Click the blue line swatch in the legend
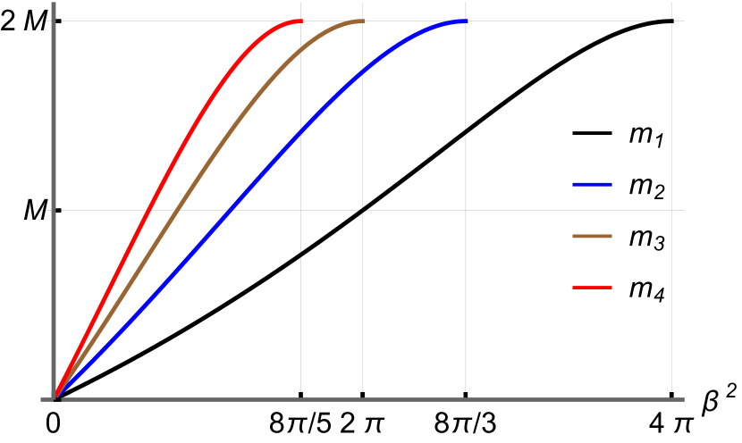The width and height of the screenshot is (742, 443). point(592,185)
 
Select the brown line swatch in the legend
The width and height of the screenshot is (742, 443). point(592,237)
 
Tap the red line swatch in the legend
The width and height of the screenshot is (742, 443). point(592,288)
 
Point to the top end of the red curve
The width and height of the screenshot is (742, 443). point(300,21)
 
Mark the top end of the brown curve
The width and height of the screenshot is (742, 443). point(363,21)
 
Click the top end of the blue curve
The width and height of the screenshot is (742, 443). point(466,21)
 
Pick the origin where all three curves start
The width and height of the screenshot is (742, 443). point(55,397)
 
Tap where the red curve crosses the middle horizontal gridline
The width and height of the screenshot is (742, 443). point(148,211)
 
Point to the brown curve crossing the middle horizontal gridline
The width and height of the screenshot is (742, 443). point(174,211)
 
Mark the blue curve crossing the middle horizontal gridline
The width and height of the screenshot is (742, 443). point(231,211)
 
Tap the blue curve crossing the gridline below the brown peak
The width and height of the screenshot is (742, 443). point(363,71)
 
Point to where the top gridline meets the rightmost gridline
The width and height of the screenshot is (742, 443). point(671,21)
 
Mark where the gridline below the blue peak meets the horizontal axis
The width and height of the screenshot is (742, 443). point(466,398)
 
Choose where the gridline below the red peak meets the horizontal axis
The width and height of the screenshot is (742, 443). point(300,398)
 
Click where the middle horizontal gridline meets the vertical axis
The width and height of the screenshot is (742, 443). point(54,211)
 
